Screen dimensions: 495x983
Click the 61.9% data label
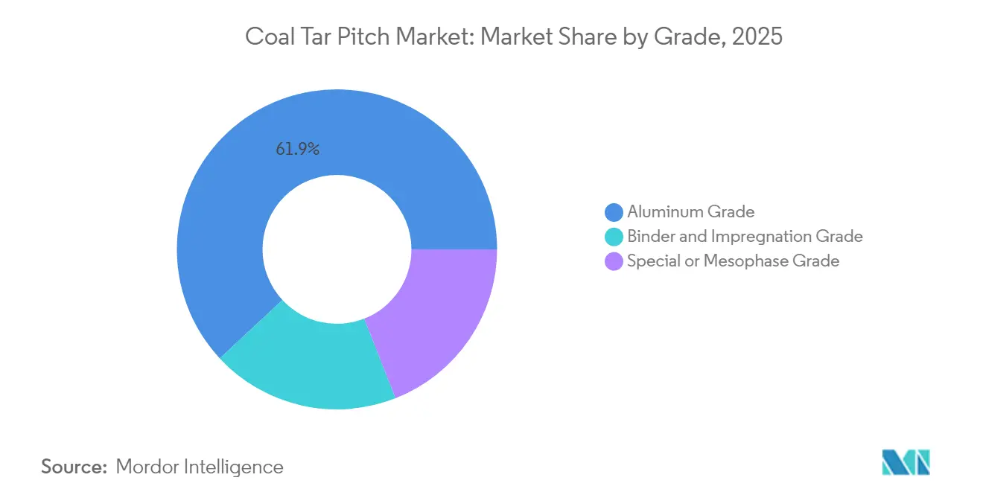pyautogui.click(x=297, y=149)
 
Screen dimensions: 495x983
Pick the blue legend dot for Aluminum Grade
pyautogui.click(x=614, y=212)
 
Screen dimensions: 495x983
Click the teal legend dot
pyautogui.click(x=614, y=237)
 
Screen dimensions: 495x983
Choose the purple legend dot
pyautogui.click(x=614, y=261)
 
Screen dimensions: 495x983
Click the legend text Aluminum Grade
pyautogui.click(x=690, y=212)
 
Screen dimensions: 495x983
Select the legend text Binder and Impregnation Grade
pyautogui.click(x=745, y=237)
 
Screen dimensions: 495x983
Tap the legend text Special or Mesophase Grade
pyautogui.click(x=733, y=261)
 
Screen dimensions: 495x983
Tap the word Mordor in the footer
pyautogui.click(x=147, y=467)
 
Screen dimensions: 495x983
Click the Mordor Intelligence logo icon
pyautogui.click(x=906, y=462)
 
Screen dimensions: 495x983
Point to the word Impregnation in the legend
pyautogui.click(x=771, y=237)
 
